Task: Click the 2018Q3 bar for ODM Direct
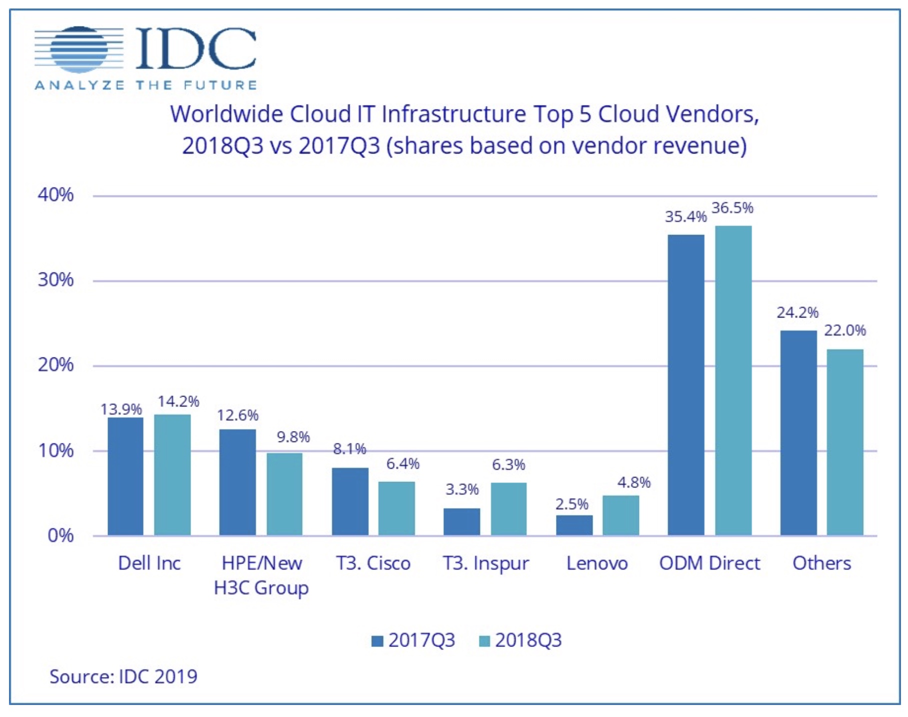tap(733, 380)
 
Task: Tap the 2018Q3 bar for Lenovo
tap(620, 515)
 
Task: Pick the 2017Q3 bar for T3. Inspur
tap(461, 521)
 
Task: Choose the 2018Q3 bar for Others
tap(845, 442)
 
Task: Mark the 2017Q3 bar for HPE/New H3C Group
tap(237, 482)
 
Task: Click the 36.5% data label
tap(732, 208)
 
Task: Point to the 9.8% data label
tap(293, 437)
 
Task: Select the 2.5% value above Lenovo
tap(572, 504)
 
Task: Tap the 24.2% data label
tap(797, 313)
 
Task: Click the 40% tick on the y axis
tap(55, 194)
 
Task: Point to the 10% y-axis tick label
tap(55, 450)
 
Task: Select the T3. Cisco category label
tap(373, 563)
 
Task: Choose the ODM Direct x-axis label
tap(709, 563)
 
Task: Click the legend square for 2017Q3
tap(377, 641)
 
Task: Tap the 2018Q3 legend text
tap(528, 640)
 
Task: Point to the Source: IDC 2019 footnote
tap(123, 677)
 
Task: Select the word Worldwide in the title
tap(226, 114)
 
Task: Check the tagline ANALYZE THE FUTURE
tap(145, 85)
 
